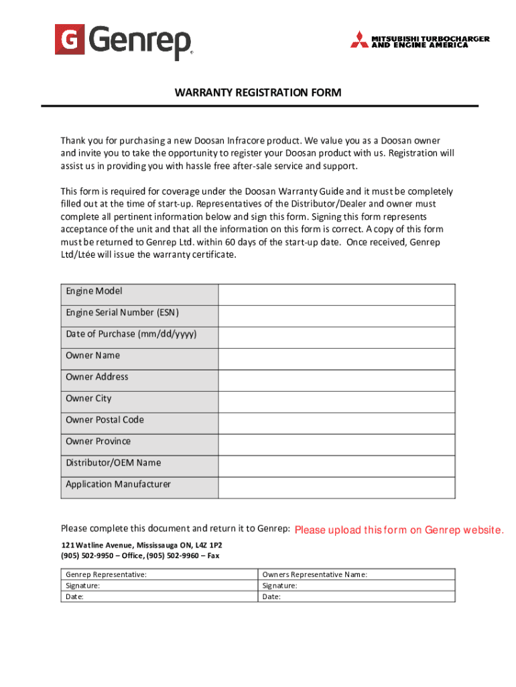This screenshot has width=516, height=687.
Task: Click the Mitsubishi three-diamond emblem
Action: (359, 40)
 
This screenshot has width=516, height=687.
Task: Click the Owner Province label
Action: (99, 441)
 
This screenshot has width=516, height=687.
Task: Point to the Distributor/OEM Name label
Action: (113, 463)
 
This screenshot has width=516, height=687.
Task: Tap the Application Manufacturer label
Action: (118, 484)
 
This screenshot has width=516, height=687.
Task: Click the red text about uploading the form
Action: (399, 531)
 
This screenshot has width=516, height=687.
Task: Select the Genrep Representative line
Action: (107, 575)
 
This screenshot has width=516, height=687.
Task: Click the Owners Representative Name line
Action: (315, 575)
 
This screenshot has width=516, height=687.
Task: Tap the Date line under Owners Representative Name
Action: (272, 596)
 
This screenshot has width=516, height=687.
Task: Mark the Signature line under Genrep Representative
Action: (83, 586)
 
